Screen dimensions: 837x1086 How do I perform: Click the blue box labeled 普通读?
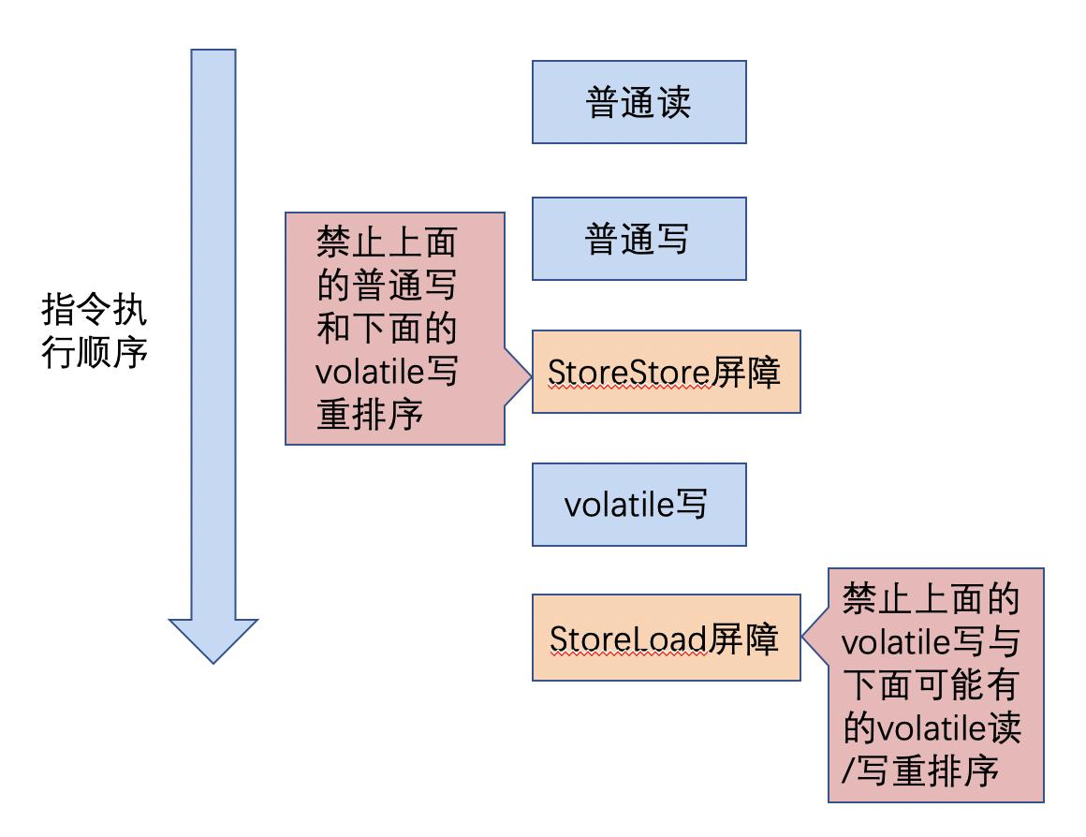pos(638,102)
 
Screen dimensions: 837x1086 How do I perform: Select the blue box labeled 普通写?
pos(638,239)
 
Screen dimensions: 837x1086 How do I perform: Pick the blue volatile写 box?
pos(638,505)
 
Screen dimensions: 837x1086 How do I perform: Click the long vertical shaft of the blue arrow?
pos(213,328)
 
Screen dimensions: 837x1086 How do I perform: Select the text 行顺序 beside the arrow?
pos(95,354)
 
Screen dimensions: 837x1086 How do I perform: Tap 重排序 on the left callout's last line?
pos(370,414)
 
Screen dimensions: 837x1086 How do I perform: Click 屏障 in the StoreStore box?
pos(745,373)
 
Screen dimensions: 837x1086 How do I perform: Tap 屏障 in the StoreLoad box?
pos(743,639)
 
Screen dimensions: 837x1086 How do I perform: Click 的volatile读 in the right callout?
pos(931,728)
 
